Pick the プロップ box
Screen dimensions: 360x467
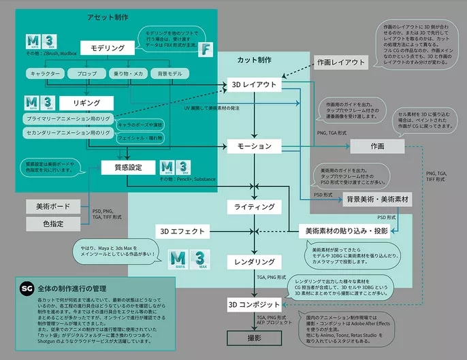click(x=86, y=72)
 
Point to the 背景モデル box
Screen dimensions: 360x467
click(x=170, y=72)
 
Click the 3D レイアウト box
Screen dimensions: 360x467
click(x=254, y=85)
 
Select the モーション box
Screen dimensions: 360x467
click(x=254, y=146)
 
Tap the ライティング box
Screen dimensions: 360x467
click(x=254, y=206)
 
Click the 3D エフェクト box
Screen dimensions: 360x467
click(x=182, y=231)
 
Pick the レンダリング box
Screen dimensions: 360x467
click(x=254, y=262)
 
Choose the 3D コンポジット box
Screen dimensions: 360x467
click(x=254, y=304)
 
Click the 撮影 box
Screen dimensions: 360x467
click(x=254, y=336)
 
